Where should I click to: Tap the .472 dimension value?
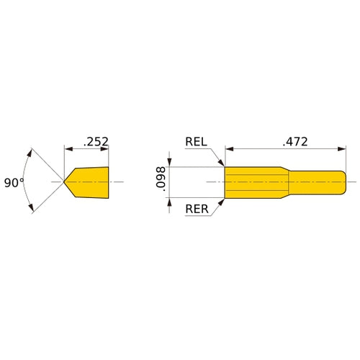tap(294, 142)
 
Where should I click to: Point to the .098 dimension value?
tap(160, 180)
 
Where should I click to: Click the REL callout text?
tap(196, 142)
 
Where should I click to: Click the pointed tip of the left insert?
tap(65, 181)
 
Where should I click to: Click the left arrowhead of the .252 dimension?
tap(69, 150)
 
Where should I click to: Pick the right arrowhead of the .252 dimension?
tap(104, 150)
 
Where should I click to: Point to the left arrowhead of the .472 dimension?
tap(230, 150)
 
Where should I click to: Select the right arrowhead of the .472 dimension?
tap(341, 150)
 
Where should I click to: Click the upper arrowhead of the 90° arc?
tap(30, 153)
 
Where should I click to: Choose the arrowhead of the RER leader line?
tap(222, 201)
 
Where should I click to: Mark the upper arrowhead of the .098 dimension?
tap(169, 162)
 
